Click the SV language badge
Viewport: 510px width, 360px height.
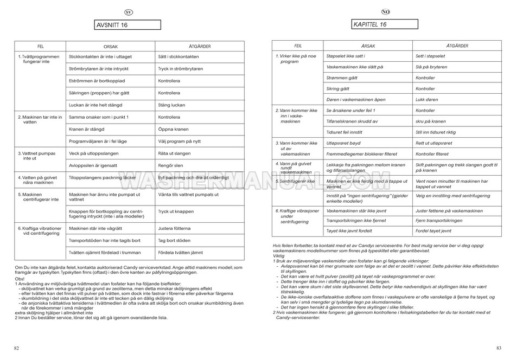point(128,11)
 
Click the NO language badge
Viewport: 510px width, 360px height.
point(385,11)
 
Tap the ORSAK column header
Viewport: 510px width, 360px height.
point(111,47)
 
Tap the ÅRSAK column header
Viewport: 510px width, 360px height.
point(368,47)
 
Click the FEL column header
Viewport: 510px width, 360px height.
point(40,47)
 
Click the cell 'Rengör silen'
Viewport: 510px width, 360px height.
point(170,165)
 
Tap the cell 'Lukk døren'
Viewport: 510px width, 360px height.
point(428,100)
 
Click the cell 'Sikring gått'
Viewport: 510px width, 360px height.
point(337,89)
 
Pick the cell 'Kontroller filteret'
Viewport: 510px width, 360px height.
point(432,154)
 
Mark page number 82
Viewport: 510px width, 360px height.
point(17,348)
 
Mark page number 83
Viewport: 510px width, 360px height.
point(498,348)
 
